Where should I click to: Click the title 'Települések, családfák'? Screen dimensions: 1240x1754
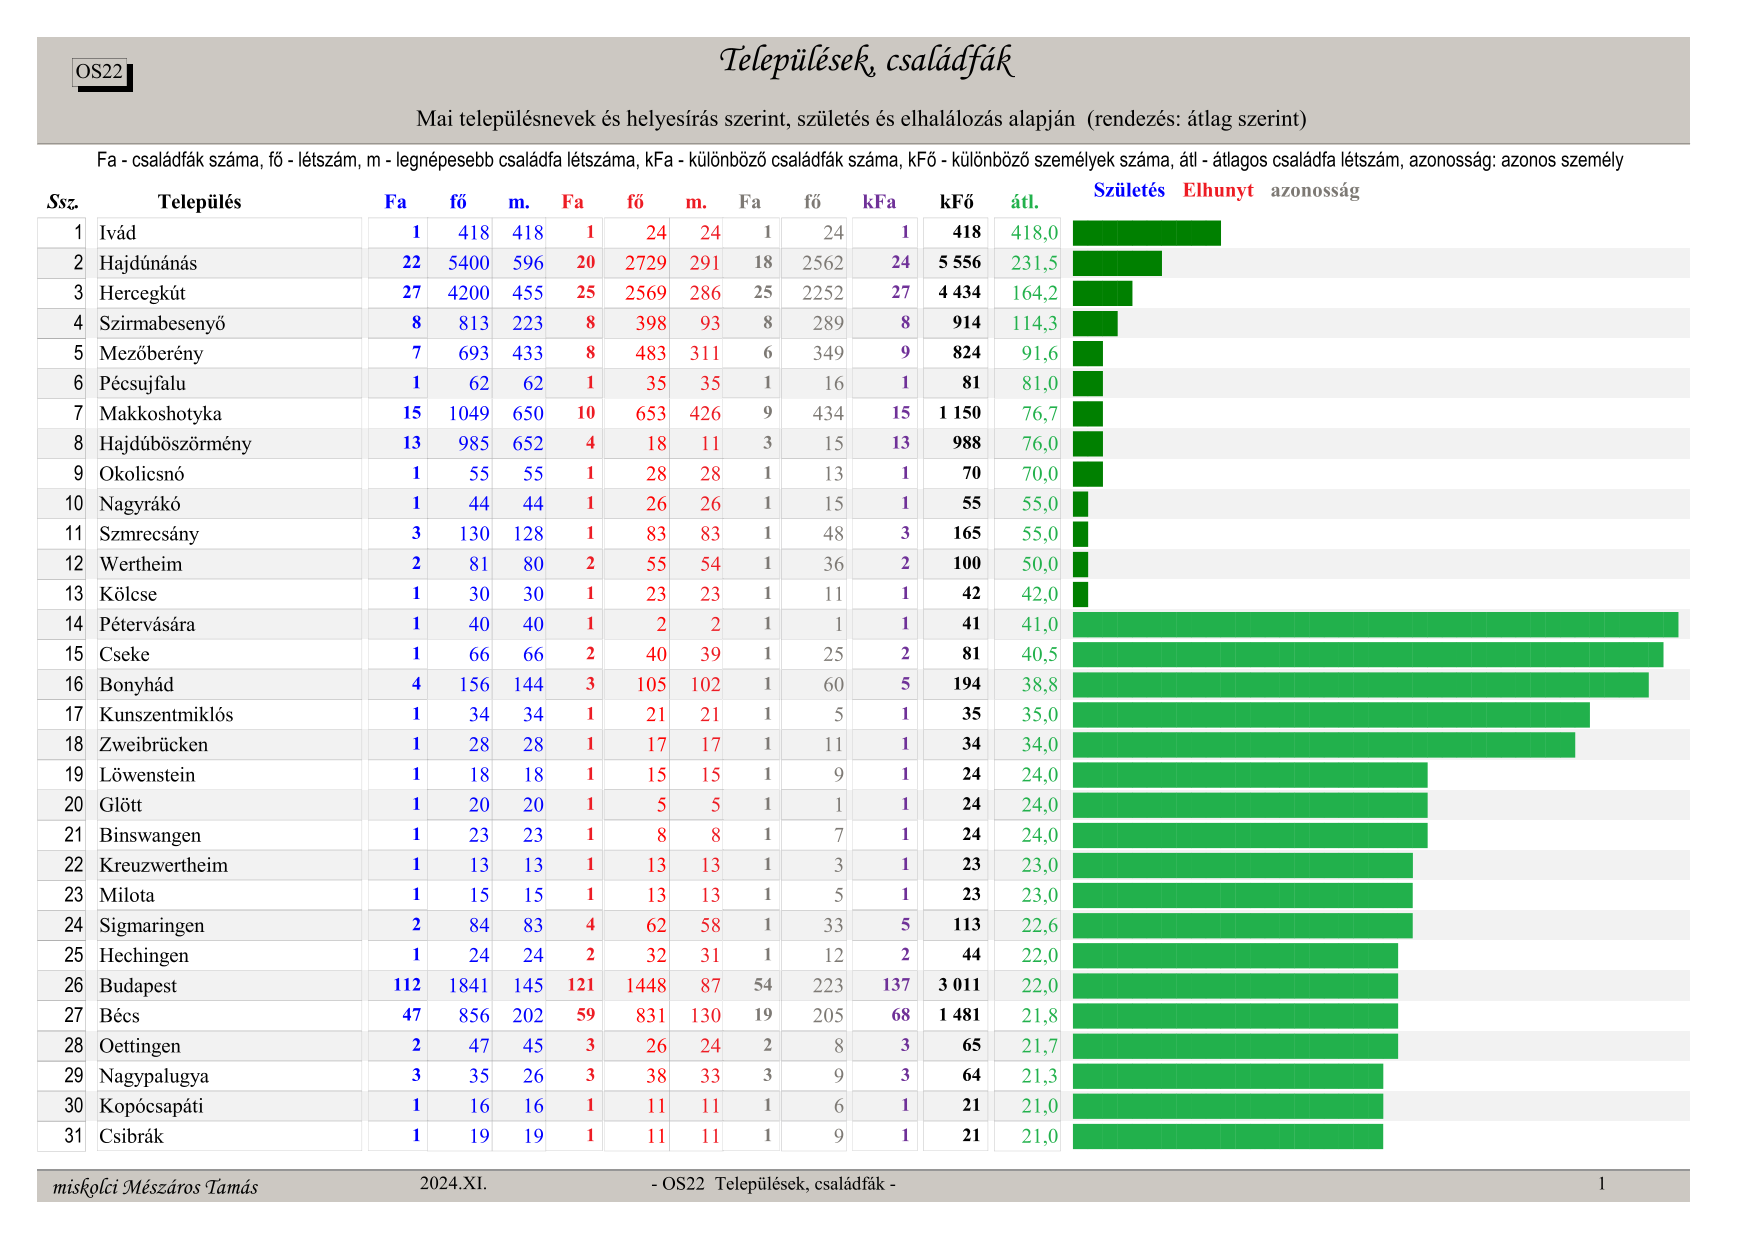(865, 61)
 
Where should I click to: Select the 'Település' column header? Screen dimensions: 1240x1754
(199, 202)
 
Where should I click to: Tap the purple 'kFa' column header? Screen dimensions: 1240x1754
(879, 202)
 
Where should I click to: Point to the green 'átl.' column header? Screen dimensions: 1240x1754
(1024, 202)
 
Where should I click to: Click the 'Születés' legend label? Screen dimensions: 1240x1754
(1128, 190)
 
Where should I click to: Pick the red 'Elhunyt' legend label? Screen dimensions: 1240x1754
(1217, 190)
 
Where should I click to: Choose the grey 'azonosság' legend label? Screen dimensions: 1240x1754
(1314, 190)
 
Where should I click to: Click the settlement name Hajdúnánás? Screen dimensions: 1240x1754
(148, 263)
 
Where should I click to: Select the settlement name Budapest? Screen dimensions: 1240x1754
(138, 986)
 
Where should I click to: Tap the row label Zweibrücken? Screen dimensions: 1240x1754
(153, 745)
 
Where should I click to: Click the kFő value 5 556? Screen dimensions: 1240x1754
(959, 262)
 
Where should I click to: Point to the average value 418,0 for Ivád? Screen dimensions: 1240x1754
(1034, 233)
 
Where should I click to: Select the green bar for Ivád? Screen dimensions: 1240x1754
(1146, 233)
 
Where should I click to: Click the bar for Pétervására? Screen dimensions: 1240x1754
(1375, 625)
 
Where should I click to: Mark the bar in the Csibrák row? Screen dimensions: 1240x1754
(1227, 1137)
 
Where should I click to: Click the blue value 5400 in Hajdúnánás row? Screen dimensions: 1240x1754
(468, 263)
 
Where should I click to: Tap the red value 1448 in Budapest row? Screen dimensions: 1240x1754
(646, 986)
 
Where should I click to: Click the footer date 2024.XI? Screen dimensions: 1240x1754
(453, 1184)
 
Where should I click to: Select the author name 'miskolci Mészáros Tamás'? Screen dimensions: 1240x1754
(155, 1187)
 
